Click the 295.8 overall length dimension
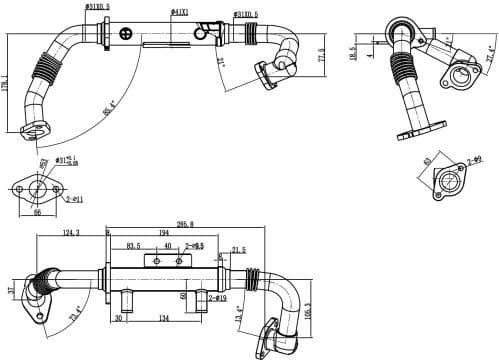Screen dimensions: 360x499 (185, 225)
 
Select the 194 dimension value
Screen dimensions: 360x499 (163, 233)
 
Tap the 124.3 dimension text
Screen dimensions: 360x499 (71, 234)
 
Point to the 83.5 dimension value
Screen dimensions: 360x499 (133, 245)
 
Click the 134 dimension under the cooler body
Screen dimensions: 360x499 (163, 318)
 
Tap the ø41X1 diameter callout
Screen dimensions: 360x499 (180, 12)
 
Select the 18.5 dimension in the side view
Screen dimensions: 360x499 (352, 53)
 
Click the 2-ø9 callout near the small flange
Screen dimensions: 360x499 (475, 159)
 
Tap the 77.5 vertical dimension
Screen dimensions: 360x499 (321, 54)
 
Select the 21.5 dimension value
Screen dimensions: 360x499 (238, 250)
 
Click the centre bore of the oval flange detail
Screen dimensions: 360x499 (38, 188)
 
